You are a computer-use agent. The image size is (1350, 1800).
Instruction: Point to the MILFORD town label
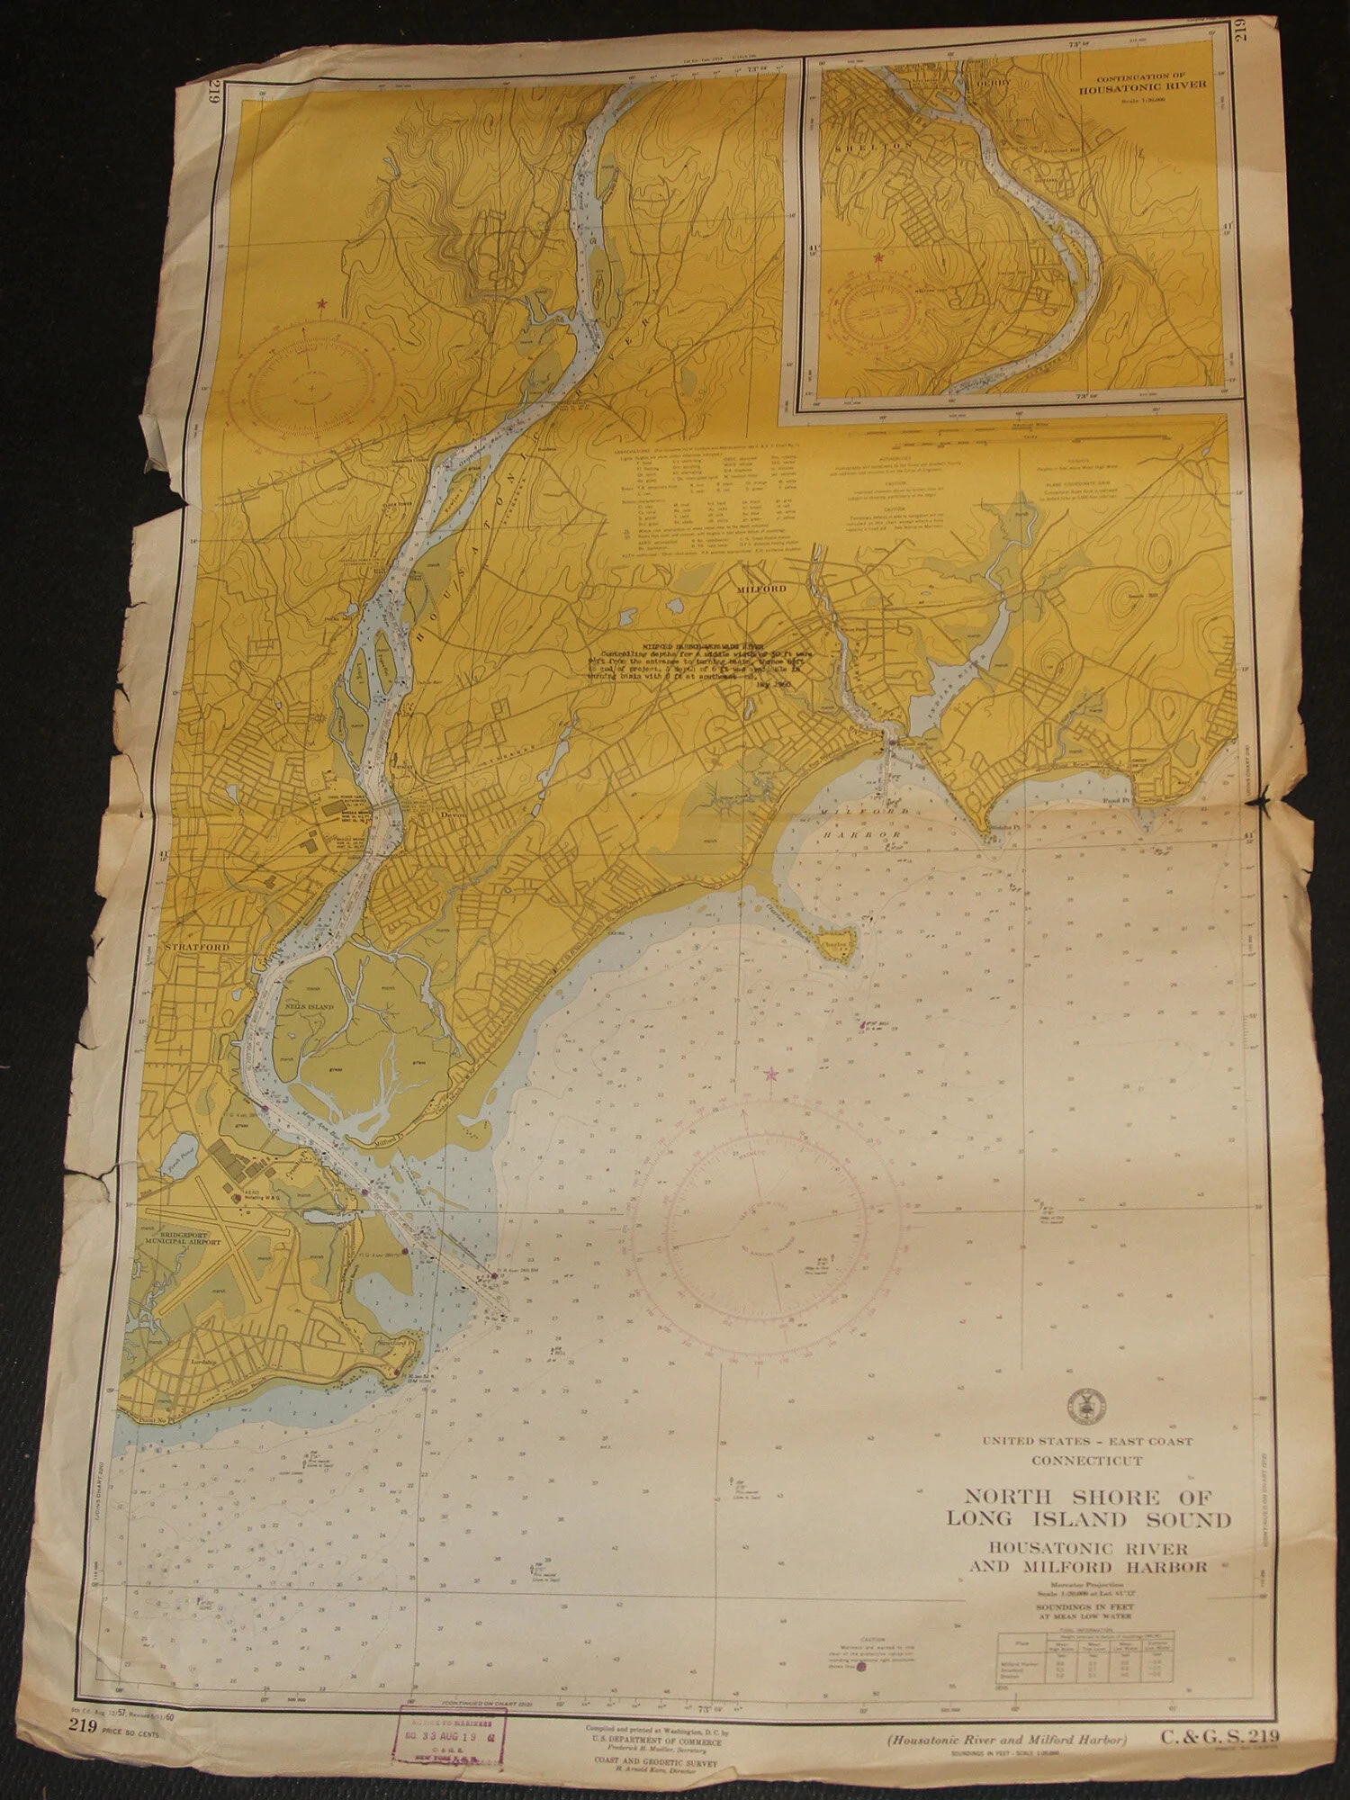tap(762, 588)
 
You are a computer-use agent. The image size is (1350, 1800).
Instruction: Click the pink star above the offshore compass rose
tap(770, 1074)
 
